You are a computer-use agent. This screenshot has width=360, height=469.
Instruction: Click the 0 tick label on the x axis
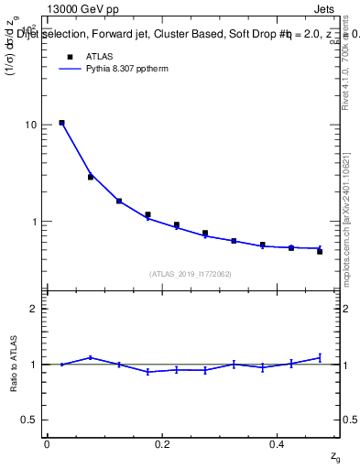pyautogui.click(x=47, y=444)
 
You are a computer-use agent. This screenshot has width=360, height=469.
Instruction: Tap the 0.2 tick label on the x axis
pyautogui.click(x=162, y=444)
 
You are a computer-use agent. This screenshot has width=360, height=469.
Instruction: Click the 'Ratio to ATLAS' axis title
pyautogui.click(x=13, y=364)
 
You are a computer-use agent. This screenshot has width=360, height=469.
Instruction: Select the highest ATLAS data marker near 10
pyautogui.click(x=61, y=123)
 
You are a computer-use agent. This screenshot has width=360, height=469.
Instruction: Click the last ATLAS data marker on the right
pyautogui.click(x=320, y=251)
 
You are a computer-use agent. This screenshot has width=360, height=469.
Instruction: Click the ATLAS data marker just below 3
pyautogui.click(x=91, y=177)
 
